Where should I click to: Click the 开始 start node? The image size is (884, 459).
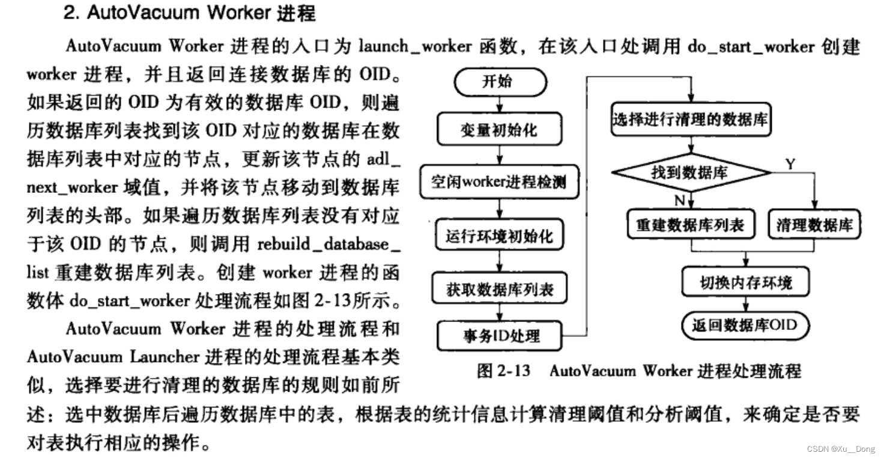point(500,82)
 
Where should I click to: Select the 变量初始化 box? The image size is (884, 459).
point(500,130)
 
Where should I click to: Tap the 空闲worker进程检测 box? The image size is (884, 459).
point(500,181)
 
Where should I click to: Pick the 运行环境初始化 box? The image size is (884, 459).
point(500,236)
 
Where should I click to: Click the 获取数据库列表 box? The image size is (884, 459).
point(500,289)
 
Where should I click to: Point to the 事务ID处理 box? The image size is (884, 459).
point(500,336)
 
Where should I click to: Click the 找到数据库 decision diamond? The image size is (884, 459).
point(690,173)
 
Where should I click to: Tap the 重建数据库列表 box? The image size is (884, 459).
point(690,225)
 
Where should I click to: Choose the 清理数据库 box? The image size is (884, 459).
point(814,225)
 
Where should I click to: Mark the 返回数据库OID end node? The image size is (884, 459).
point(746,326)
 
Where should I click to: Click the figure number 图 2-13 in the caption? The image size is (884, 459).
point(503,370)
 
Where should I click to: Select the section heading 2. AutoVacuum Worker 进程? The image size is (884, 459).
point(189,13)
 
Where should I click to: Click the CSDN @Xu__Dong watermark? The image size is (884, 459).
point(841,449)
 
